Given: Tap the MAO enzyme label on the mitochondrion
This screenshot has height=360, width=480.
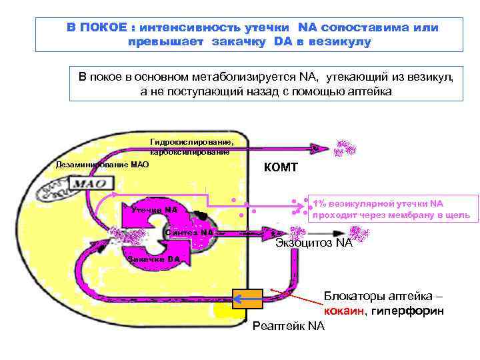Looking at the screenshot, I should pos(87,183).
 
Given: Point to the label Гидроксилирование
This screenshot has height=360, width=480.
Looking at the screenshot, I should pos(192,142).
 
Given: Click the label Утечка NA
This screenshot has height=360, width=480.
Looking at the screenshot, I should pos(154,210).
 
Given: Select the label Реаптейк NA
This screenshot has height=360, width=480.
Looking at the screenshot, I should pos(289,326).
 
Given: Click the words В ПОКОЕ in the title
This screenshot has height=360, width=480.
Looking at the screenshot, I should pos(96,28).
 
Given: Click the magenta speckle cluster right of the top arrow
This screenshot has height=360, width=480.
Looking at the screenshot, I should pos(346,149).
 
